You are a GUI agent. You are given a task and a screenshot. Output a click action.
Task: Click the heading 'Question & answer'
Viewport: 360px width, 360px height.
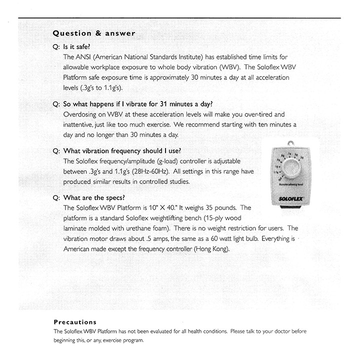click(94, 33)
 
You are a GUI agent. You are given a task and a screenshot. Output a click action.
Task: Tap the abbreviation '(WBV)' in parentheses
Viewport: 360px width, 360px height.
click(222, 67)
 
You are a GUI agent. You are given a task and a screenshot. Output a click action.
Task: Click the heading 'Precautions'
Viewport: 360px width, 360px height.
click(75, 322)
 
